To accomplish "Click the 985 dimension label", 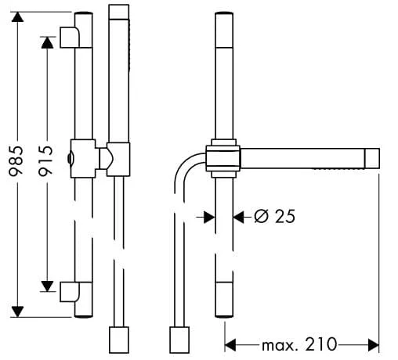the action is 16,161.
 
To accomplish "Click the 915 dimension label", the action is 45,161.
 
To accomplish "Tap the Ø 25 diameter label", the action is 274,216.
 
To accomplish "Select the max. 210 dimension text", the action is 299,344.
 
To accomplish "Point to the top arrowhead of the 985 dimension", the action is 17,17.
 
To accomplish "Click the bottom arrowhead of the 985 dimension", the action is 17,311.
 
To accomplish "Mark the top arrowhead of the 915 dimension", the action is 47,42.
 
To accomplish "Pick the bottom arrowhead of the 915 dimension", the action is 47,286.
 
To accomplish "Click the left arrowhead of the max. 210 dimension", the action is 230,345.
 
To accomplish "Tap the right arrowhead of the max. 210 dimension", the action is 373,345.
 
